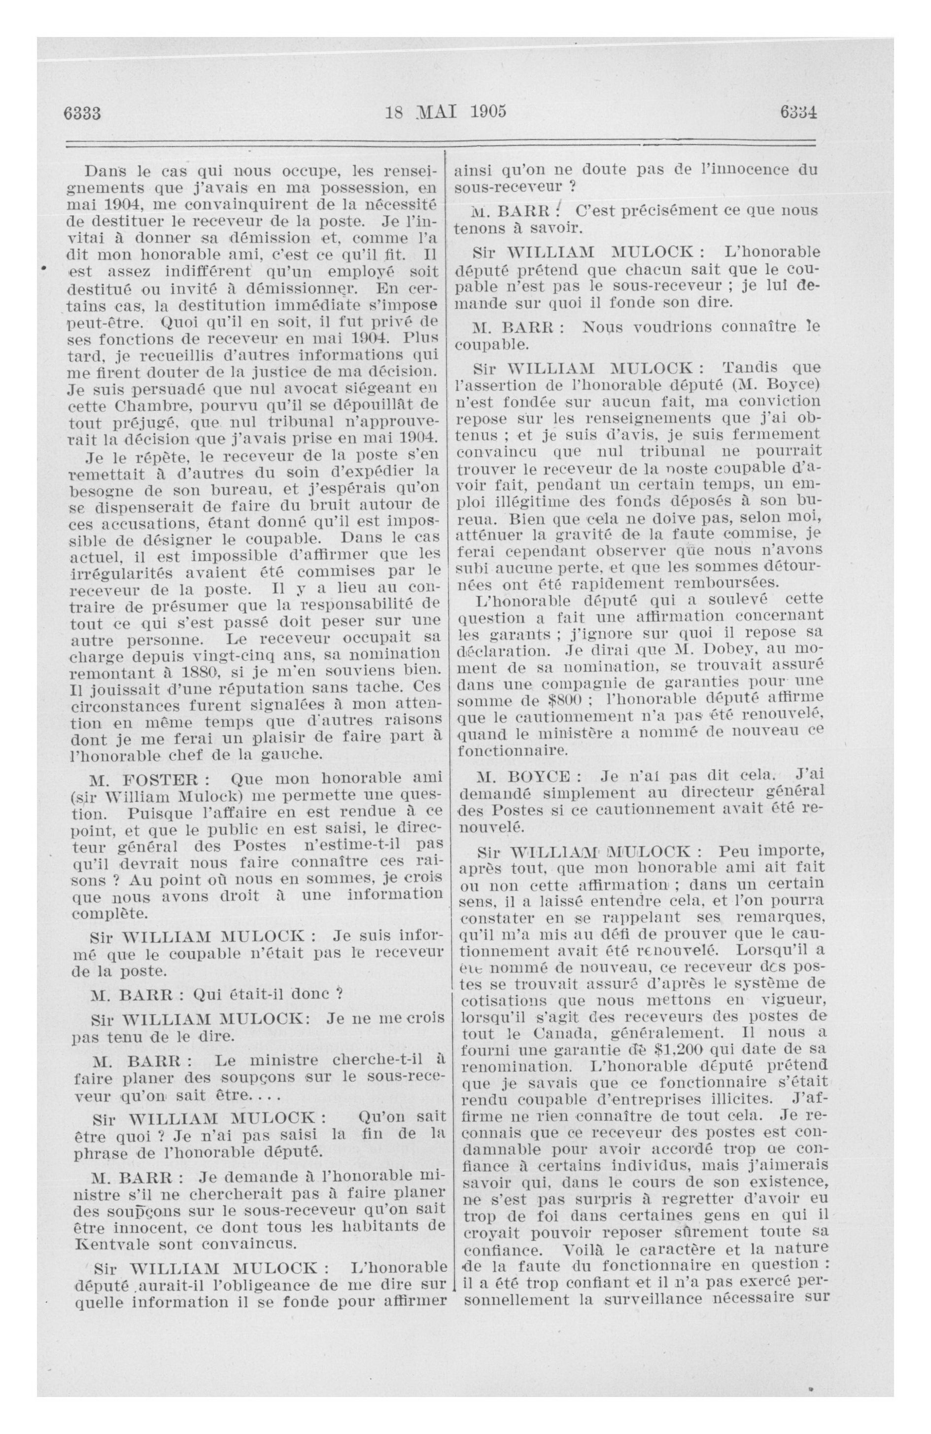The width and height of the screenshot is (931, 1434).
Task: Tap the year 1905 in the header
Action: (488, 111)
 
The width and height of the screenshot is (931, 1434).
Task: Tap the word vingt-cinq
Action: (221, 654)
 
